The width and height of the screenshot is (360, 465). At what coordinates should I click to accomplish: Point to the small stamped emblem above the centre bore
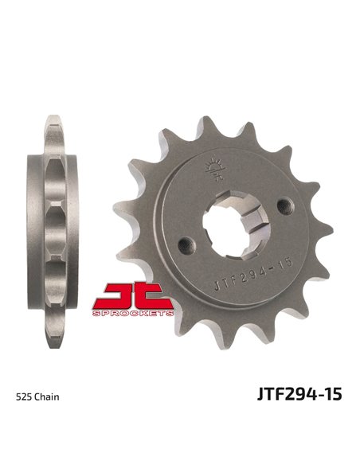pos(212,168)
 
